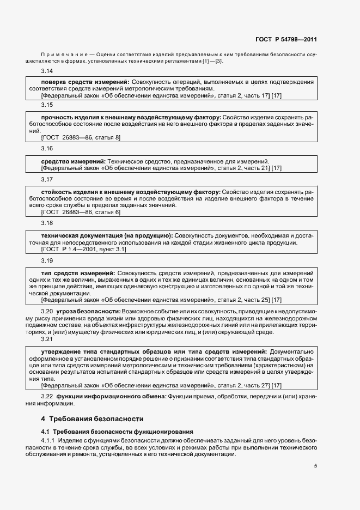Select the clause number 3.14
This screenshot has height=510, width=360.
pyautogui.click(x=47, y=71)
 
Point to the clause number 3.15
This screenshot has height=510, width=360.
pyautogui.click(x=47, y=105)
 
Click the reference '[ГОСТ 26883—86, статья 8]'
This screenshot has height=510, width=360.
pyautogui.click(x=81, y=137)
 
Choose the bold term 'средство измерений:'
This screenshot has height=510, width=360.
pyautogui.click(x=74, y=161)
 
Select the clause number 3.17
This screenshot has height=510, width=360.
pyautogui.click(x=47, y=179)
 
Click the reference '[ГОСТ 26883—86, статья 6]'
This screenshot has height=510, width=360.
pyautogui.click(x=81, y=212)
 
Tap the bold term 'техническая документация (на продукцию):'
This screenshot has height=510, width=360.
pyautogui.click(x=107, y=235)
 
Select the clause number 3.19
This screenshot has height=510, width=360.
pyautogui.click(x=47, y=260)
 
